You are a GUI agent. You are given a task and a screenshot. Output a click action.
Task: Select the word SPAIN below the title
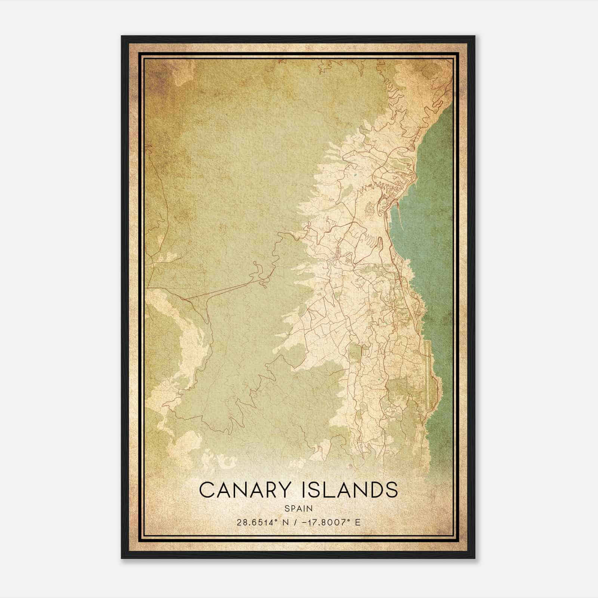(299, 508)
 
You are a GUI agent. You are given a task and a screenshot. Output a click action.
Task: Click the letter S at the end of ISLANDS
(392, 490)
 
